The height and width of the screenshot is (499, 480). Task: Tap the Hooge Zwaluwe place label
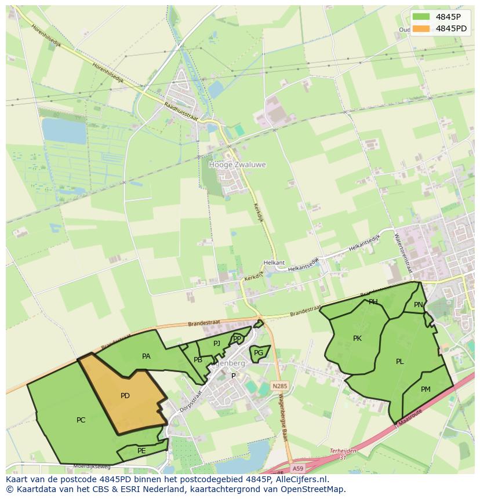237,165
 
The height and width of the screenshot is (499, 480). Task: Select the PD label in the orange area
125,396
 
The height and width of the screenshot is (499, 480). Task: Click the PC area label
81,420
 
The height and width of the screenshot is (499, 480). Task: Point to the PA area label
146,356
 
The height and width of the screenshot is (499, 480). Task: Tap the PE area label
141,450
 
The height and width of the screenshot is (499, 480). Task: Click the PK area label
357,338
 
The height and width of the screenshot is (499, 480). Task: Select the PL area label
400,361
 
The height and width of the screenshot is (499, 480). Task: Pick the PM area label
426,389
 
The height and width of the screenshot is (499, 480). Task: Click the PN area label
419,304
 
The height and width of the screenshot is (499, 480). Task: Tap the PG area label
259,352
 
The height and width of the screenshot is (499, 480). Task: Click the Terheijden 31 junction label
343,454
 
